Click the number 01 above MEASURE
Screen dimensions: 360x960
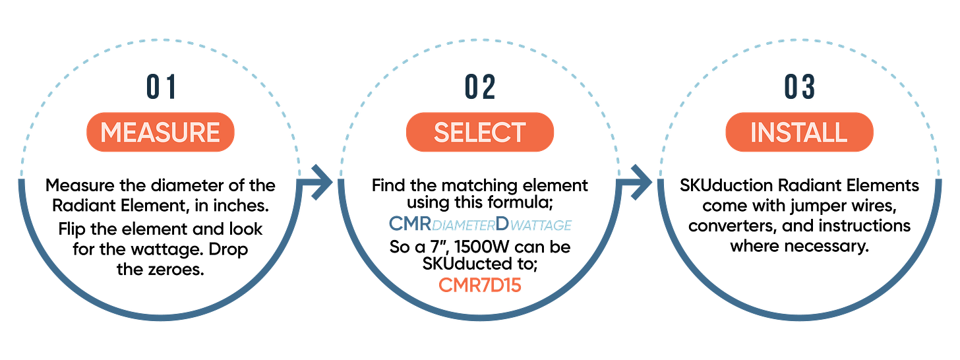pos(160,88)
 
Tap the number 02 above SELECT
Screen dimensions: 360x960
pos(480,88)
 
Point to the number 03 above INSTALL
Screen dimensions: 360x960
pos(799,88)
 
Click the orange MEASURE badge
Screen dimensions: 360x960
pos(160,133)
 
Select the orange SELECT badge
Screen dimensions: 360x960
pos(480,133)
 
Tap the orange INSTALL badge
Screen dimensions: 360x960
pos(799,133)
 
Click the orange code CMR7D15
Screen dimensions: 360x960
pos(480,285)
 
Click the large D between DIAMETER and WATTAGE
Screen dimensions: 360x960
pos(501,224)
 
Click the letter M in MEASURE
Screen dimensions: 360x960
pos(110,133)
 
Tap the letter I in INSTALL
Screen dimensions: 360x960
pos(754,133)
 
